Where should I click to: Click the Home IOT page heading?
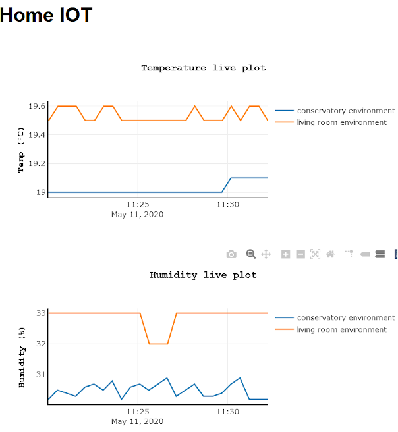pos(46,14)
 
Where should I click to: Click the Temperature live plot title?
pos(203,68)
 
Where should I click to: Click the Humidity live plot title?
pos(203,275)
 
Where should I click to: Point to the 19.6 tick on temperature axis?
pos(37,106)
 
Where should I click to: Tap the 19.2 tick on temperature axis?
pos(37,163)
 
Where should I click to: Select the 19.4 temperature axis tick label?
pos(37,135)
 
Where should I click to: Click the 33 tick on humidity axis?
pos(41,313)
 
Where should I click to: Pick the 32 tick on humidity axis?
pos(41,344)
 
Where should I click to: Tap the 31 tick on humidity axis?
pos(41,375)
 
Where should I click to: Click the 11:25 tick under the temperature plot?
pos(137,205)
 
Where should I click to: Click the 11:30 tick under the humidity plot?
pos(227,412)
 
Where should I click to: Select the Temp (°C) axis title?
pos(21,150)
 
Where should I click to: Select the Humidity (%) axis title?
pos(21,357)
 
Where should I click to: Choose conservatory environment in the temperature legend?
pos(345,111)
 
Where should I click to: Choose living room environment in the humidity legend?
pos(341,329)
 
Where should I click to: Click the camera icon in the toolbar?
pos(231,254)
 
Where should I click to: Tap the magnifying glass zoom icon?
pos(250,254)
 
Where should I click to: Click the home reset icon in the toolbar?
pos(330,254)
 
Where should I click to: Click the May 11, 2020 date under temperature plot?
pos(137,214)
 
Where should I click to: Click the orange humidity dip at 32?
pos(158,344)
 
